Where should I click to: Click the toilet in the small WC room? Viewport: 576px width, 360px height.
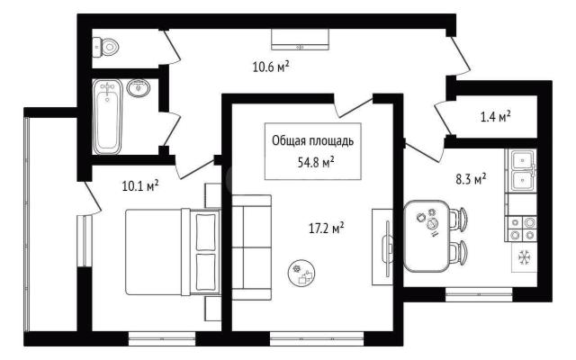pyautogui.click(x=105, y=47)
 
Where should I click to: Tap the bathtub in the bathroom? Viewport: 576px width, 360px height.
pyautogui.click(x=107, y=117)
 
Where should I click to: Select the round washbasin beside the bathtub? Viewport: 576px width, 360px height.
pyautogui.click(x=138, y=88)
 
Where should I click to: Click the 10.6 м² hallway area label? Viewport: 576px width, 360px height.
pyautogui.click(x=271, y=67)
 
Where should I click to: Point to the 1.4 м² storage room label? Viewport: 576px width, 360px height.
pyautogui.click(x=496, y=117)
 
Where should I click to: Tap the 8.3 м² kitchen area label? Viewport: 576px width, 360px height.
pyautogui.click(x=471, y=180)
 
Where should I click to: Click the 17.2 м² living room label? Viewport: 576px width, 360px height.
pyautogui.click(x=326, y=229)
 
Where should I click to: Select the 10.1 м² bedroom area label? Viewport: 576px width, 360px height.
pyautogui.click(x=140, y=186)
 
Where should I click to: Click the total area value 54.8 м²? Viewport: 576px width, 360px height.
pyautogui.click(x=316, y=162)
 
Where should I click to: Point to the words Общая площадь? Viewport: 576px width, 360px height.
pyautogui.click(x=313, y=140)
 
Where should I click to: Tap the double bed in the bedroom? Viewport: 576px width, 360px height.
pyautogui.click(x=173, y=252)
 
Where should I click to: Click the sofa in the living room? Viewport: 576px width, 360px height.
pyautogui.click(x=252, y=247)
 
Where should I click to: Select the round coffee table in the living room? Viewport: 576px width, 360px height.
pyautogui.click(x=301, y=274)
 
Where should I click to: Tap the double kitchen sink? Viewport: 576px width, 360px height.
pyautogui.click(x=522, y=171)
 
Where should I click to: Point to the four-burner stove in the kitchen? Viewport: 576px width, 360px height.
pyautogui.click(x=522, y=229)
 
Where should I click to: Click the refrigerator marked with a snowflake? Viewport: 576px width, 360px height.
pyautogui.click(x=525, y=257)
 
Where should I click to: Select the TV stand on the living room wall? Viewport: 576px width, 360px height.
pyautogui.click(x=382, y=247)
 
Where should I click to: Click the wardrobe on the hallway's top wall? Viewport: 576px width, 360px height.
pyautogui.click(x=301, y=40)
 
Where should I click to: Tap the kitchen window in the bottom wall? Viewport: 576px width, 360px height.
pyautogui.click(x=479, y=294)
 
